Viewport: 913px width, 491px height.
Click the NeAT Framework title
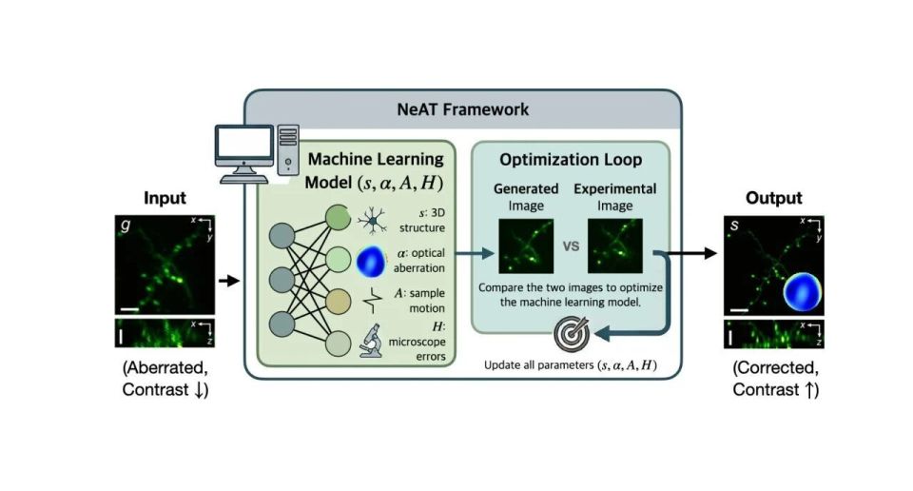tap(463, 109)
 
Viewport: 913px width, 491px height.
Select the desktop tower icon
tap(288, 149)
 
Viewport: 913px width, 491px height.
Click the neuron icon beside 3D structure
tap(372, 221)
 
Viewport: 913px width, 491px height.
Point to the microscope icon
tap(371, 340)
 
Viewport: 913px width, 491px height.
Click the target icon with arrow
tap(572, 334)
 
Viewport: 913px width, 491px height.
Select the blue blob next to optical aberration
tap(371, 261)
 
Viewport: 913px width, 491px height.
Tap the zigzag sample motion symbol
tap(372, 301)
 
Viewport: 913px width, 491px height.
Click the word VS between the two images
tap(572, 246)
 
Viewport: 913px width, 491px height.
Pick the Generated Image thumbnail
tap(526, 245)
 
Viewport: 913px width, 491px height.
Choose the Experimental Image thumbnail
tap(615, 245)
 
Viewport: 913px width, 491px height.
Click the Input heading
tap(165, 198)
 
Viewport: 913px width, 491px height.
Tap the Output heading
tap(774, 198)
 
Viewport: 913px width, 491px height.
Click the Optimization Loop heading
tap(571, 160)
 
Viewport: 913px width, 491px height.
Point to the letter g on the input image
tap(126, 225)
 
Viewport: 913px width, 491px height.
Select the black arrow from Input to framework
tap(229, 281)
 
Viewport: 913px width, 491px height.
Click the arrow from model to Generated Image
tap(475, 253)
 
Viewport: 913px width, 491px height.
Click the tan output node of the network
tap(338, 301)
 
